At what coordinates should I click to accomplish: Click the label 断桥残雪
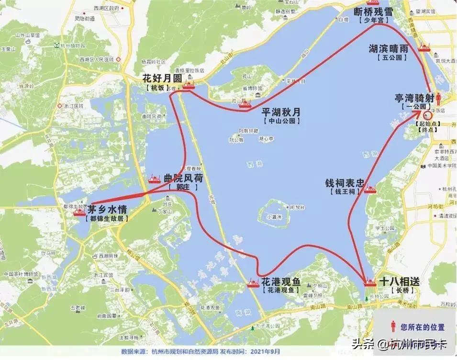pos(373,11)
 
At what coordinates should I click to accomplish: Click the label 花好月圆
pos(162,79)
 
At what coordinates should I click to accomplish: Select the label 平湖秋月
pos(281,112)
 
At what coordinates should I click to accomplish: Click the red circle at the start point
pos(428,115)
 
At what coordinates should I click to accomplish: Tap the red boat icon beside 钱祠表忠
pos(370,190)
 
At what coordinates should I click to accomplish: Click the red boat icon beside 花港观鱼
pos(253,284)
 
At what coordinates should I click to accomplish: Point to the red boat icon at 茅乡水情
pos(79,212)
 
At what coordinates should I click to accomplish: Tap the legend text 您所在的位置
pos(423,327)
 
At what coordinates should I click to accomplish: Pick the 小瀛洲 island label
pos(274,216)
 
